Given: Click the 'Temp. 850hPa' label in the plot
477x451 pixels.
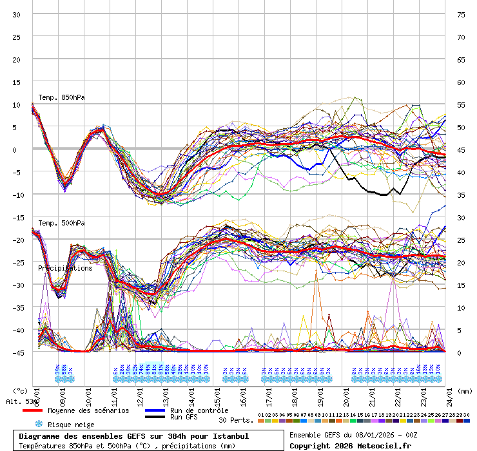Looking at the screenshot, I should click(x=61, y=97).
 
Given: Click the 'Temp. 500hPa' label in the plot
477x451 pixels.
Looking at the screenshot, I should click(x=61, y=223).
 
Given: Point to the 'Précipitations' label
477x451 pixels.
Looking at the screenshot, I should click(x=64, y=268).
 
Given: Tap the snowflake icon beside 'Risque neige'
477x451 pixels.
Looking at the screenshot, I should click(x=38, y=424).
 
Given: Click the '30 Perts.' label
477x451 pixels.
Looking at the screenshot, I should click(x=236, y=419).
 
